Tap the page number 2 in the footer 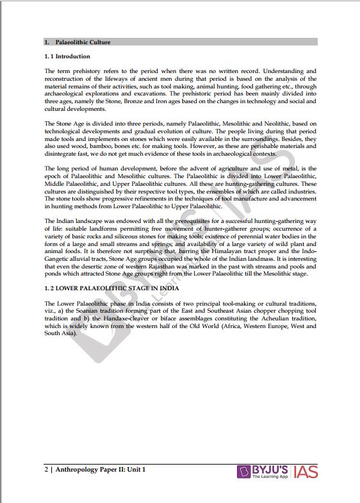47,470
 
